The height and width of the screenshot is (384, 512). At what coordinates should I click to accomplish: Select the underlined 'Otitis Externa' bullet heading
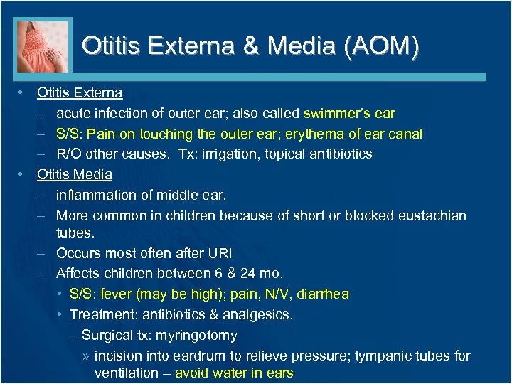(80, 92)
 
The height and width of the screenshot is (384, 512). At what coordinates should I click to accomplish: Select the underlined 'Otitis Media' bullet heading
(75, 174)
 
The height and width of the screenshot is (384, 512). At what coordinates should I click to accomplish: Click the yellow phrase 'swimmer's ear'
(349, 113)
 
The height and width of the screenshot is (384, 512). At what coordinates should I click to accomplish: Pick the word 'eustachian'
(431, 215)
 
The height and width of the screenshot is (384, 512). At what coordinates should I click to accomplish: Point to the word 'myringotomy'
(198, 335)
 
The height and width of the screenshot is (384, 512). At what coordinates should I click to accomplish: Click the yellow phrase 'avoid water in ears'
(234, 373)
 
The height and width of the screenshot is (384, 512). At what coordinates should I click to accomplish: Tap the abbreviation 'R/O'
(69, 154)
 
